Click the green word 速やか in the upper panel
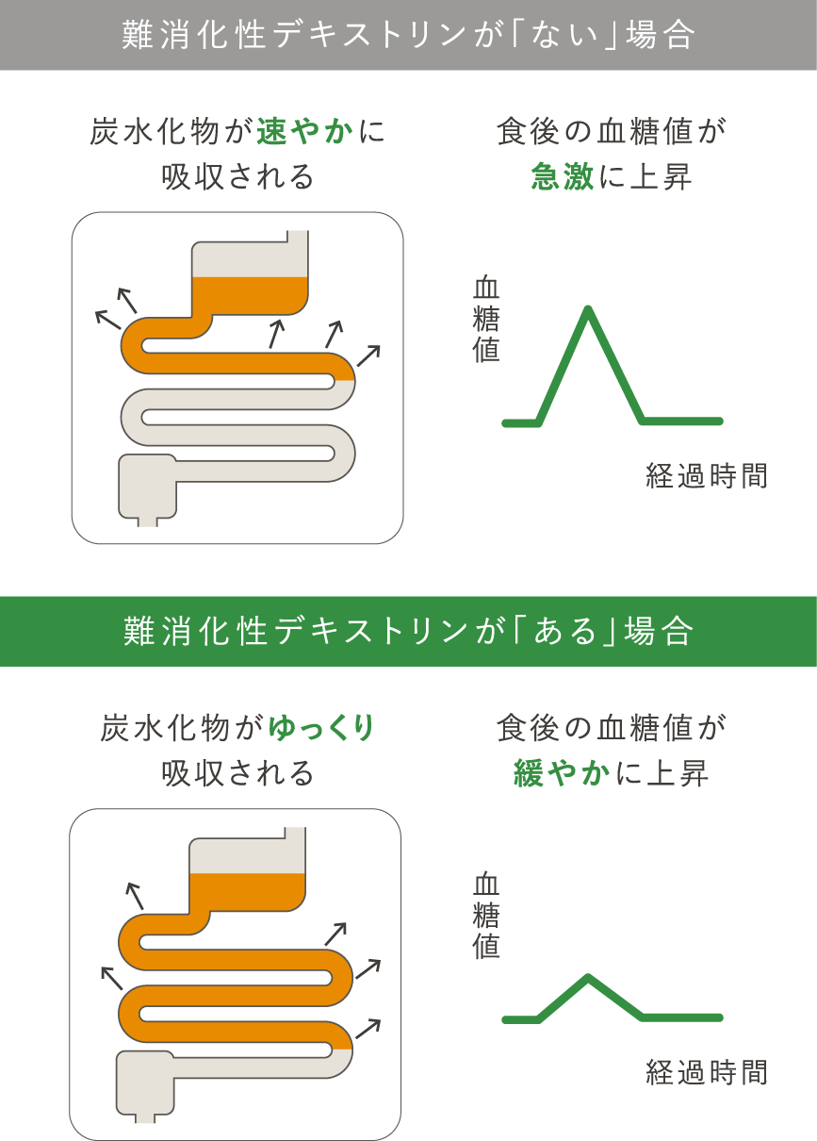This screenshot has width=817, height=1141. point(305,132)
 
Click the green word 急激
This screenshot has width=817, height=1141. point(563,176)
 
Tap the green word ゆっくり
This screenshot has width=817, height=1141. point(322,728)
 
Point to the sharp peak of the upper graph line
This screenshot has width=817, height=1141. point(588,309)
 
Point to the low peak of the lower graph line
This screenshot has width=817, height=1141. point(588,978)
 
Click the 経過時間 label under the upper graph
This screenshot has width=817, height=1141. point(706,475)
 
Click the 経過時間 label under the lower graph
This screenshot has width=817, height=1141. point(706,1072)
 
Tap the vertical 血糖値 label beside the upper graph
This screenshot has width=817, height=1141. point(485,319)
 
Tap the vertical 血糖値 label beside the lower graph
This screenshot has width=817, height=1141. point(485,916)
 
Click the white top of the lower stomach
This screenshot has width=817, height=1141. point(247,854)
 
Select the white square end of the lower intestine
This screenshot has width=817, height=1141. point(145,1083)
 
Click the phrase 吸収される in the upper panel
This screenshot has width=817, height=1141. point(237,177)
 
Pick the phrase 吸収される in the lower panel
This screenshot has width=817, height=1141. point(237,773)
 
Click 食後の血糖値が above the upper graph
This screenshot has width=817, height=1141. point(612,132)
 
